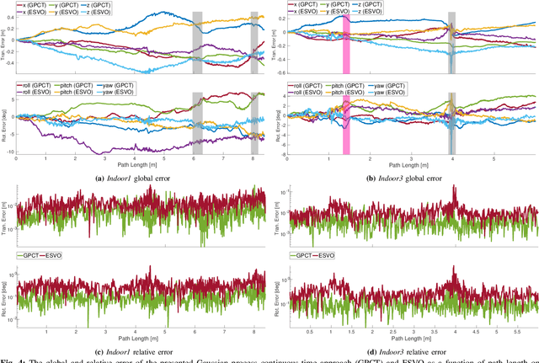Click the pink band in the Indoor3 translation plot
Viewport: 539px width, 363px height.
coord(345,42)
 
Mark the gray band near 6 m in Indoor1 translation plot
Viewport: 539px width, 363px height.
coord(197,42)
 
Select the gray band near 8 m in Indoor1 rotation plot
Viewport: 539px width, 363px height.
coord(253,118)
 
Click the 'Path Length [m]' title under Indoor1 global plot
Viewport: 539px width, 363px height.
coord(141,166)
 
